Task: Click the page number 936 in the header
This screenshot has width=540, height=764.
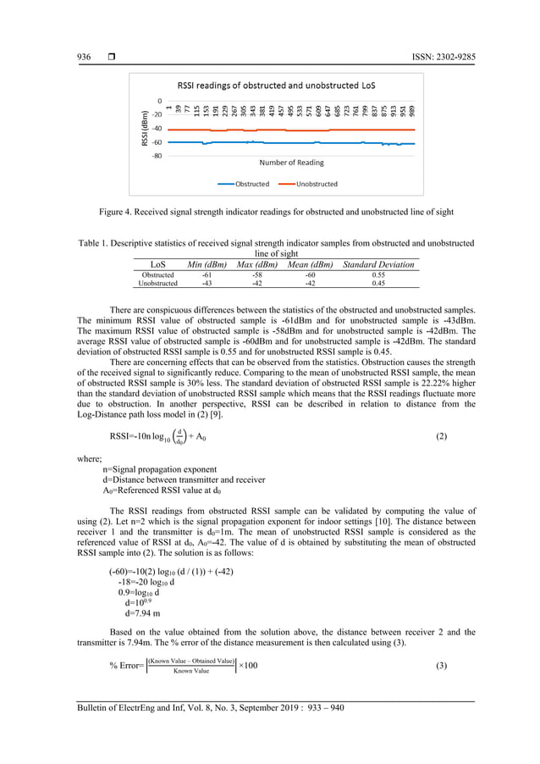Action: pos(84,57)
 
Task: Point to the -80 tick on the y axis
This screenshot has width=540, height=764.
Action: pos(157,156)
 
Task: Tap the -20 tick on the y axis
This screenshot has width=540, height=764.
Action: pos(157,114)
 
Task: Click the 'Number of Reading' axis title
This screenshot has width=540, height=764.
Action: pos(290,162)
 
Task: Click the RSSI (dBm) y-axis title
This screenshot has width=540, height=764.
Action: pos(145,127)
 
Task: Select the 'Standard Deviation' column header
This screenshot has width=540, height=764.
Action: pos(378,265)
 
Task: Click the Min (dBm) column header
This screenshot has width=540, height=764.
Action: pos(207,265)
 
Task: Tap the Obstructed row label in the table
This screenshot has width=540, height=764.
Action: pos(158,275)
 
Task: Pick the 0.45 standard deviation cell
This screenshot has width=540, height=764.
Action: pos(378,284)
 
